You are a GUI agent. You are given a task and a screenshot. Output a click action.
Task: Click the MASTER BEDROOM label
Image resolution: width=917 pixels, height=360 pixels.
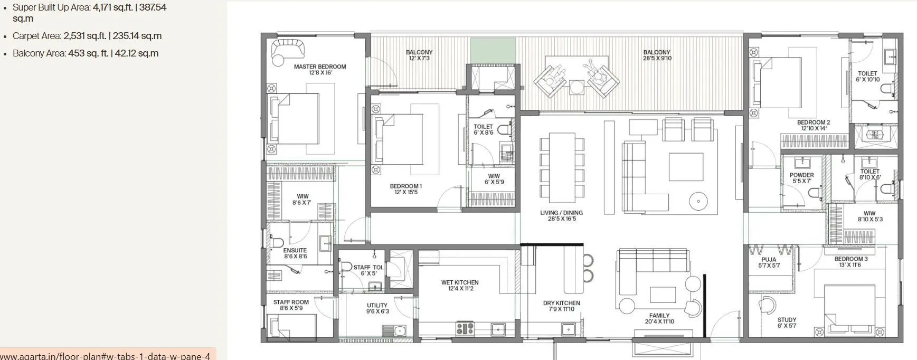pyautogui.click(x=320, y=67)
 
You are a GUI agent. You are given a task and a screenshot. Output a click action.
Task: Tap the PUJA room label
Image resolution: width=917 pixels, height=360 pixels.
pyautogui.click(x=769, y=260)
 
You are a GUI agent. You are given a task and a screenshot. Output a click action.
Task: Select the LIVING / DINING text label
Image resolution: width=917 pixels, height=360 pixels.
pyautogui.click(x=561, y=213)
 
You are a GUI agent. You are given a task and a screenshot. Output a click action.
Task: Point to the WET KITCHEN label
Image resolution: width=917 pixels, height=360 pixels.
pyautogui.click(x=460, y=283)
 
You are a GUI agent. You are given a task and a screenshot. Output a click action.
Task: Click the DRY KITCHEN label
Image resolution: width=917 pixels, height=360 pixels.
pyautogui.click(x=561, y=303)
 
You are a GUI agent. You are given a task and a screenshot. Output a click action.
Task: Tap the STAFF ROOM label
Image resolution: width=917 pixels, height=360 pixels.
pyautogui.click(x=291, y=302)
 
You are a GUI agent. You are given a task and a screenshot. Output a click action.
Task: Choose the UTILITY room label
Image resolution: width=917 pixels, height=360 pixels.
pyautogui.click(x=377, y=306)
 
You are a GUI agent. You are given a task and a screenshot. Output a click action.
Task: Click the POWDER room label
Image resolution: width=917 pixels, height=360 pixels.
pyautogui.click(x=801, y=175)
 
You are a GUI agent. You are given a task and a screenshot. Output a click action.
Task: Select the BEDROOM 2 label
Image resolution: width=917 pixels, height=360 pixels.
pyautogui.click(x=813, y=122)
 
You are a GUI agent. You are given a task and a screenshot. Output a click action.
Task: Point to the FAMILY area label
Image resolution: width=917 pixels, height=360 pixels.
pyautogui.click(x=659, y=316)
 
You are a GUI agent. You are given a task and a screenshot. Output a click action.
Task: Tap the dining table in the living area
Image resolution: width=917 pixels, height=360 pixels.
pyautogui.click(x=562, y=167)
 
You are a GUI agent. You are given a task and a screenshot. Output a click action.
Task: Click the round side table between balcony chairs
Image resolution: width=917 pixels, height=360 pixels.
pyautogui.click(x=577, y=87)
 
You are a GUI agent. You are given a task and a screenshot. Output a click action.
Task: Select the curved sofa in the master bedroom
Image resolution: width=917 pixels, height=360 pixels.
pyautogui.click(x=288, y=49)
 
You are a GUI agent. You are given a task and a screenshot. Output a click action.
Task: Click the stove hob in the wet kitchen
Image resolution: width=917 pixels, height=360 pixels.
pyautogui.click(x=465, y=329)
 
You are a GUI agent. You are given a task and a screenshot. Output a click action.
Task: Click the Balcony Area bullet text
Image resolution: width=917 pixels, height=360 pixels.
pyautogui.click(x=86, y=53)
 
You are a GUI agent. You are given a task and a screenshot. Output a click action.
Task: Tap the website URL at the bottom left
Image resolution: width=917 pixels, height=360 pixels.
pyautogui.click(x=105, y=356)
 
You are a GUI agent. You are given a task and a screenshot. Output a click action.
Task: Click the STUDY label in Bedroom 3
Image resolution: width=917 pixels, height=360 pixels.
pyautogui.click(x=787, y=320)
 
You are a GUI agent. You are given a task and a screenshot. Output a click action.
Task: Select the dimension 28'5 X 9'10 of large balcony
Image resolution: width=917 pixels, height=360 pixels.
pyautogui.click(x=657, y=59)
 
